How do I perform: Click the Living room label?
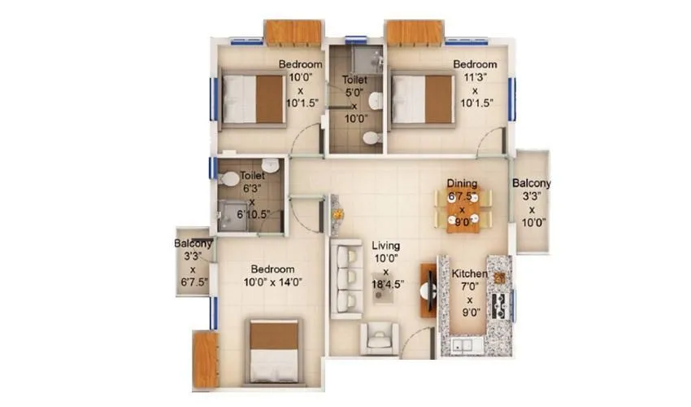(385, 244)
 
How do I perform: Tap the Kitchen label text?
(471, 275)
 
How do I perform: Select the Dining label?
(462, 184)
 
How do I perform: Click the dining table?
(463, 210)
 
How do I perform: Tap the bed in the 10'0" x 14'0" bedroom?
(273, 351)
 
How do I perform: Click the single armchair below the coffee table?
(380, 338)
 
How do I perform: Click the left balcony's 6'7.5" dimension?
(193, 282)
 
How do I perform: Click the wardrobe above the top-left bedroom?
(293, 33)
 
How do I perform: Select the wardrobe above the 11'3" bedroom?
(414, 33)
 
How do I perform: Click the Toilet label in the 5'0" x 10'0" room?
(354, 81)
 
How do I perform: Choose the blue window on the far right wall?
(512, 98)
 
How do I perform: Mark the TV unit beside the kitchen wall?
(425, 291)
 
